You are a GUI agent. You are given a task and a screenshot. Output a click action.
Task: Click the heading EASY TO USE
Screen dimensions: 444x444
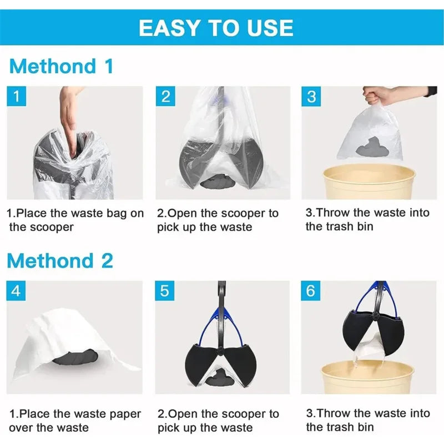coord(216,27)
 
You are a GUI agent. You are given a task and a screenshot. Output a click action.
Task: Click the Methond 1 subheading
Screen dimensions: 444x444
coord(61,66)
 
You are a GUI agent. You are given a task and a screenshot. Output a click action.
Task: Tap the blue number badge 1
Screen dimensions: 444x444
coord(17,97)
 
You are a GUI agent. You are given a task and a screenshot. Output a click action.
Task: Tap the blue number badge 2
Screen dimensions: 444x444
coord(165,97)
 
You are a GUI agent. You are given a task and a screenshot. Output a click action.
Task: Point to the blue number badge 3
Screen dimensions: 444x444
coord(311,97)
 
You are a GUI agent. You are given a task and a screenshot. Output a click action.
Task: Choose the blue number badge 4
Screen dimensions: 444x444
coord(17,291)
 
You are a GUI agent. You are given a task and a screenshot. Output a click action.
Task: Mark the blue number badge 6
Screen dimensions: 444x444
coord(311,291)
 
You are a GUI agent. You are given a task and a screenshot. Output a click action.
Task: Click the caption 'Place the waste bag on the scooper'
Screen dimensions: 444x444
coord(75,220)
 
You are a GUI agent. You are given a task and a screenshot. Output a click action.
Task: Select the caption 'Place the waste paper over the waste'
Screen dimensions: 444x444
coord(75,420)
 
